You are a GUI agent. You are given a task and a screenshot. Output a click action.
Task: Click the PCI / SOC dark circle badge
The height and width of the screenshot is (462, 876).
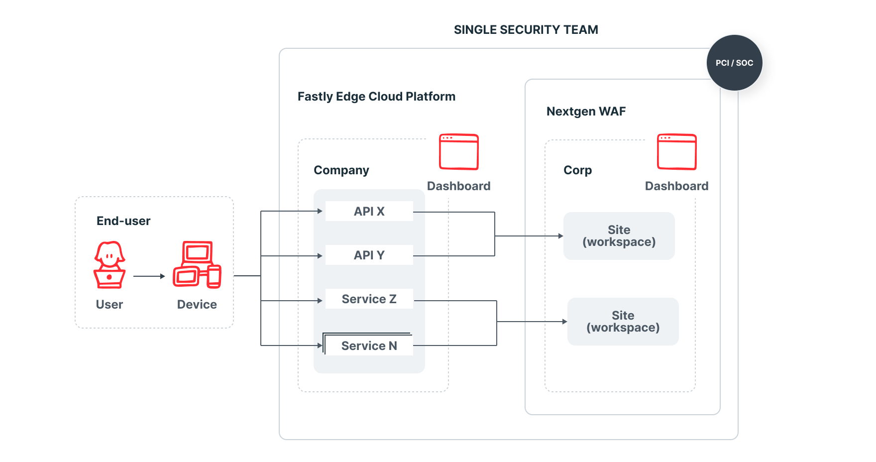(x=734, y=63)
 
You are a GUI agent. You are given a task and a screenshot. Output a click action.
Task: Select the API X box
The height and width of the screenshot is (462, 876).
(x=369, y=211)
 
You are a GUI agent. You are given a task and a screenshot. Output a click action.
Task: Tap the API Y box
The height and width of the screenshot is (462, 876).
(x=369, y=255)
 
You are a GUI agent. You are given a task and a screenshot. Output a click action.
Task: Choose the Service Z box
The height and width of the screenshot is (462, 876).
(x=369, y=299)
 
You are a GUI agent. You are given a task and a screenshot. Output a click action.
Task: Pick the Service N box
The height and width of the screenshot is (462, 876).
(x=369, y=346)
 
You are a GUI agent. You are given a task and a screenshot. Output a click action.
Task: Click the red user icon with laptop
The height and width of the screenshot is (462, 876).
(x=109, y=265)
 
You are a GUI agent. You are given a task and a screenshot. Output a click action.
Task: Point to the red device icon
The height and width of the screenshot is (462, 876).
(x=197, y=265)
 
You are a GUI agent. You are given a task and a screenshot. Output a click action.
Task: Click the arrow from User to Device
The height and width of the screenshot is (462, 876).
(x=149, y=276)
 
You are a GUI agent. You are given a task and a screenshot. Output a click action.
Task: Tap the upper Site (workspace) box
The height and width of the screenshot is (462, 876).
(x=619, y=236)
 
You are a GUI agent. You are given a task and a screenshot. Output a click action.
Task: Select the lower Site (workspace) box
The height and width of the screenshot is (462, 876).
(x=623, y=322)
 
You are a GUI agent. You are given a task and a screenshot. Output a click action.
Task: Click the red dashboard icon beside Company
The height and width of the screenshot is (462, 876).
(x=458, y=152)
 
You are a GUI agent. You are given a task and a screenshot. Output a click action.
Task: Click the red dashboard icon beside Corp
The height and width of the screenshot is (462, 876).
(x=676, y=152)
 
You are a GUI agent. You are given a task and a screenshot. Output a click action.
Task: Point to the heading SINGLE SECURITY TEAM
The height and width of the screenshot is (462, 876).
(x=526, y=30)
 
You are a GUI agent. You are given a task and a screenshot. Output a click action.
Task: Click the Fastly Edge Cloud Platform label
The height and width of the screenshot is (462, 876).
(x=376, y=97)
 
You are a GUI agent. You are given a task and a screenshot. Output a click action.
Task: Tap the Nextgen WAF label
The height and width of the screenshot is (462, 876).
(x=586, y=112)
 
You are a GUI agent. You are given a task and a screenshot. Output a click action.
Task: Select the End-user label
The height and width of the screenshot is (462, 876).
(x=123, y=221)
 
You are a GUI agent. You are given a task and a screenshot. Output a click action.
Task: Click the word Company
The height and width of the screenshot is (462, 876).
(x=341, y=170)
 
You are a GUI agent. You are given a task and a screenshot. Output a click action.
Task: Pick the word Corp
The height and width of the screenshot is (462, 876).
(x=577, y=170)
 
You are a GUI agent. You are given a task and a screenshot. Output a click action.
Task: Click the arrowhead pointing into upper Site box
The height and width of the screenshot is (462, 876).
(x=560, y=236)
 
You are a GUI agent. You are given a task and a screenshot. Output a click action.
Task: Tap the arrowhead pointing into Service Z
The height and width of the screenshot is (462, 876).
(x=320, y=301)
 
